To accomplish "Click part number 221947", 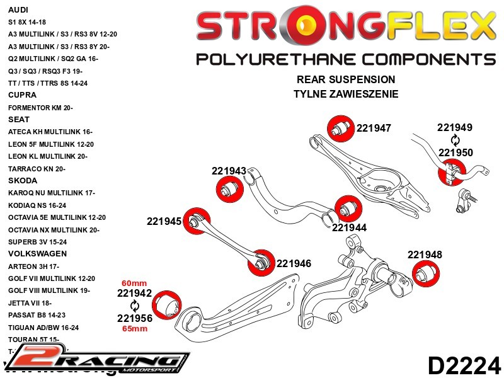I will click(374, 128).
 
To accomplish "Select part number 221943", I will click(229, 171).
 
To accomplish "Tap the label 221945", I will click(164, 221).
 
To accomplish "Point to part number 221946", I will click(294, 263).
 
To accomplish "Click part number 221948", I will click(425, 255).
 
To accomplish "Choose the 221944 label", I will click(349, 227).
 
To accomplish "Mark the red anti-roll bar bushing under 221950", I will click(452, 170).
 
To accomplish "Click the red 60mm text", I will click(134, 283).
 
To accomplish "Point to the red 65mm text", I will click(134, 329).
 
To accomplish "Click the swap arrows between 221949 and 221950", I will click(455, 140).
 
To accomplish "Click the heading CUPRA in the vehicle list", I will click(22, 95).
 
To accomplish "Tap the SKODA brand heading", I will click(23, 180).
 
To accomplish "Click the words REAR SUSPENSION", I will click(346, 80).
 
